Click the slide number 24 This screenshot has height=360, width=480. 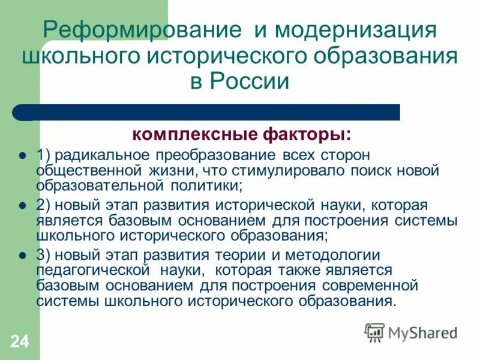pos(19,342)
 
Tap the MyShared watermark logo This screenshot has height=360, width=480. pos(412,331)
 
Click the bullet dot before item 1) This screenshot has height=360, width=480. pos(22,155)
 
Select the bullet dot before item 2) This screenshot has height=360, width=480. pos(22,205)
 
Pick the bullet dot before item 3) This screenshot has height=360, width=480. pos(22,255)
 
